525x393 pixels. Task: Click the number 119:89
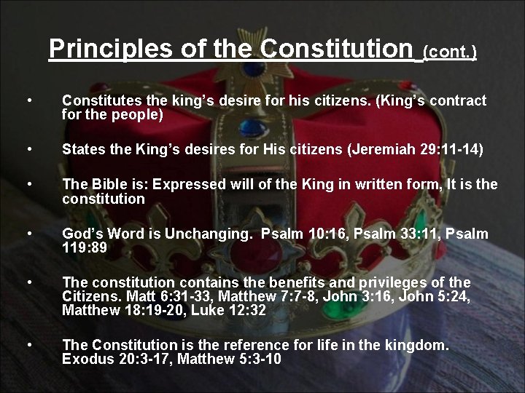85,248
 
